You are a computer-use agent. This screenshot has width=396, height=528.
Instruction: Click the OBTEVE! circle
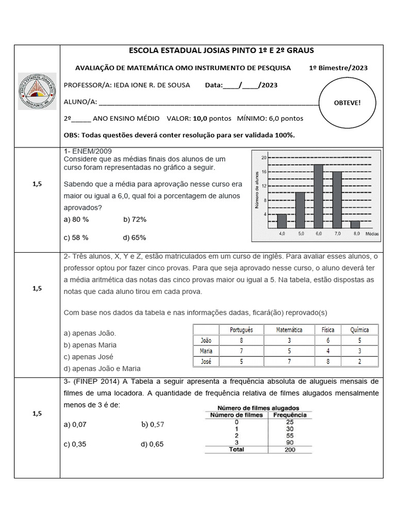(x=348, y=103)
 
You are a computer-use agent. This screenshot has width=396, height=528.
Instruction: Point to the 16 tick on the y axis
(x=263, y=171)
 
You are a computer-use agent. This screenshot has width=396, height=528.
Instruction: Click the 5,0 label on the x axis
(x=300, y=234)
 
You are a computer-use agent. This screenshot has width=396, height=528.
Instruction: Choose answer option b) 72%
(x=135, y=219)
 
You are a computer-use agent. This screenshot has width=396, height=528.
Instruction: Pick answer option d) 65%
(x=135, y=238)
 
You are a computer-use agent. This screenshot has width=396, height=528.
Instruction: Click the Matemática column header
(x=289, y=329)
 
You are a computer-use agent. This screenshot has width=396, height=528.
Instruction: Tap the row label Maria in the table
(x=206, y=351)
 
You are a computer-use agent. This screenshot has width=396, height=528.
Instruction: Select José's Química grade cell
(x=359, y=361)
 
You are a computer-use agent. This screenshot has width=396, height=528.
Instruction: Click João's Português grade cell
(x=241, y=340)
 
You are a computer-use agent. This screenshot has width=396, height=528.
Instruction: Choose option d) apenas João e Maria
(x=102, y=368)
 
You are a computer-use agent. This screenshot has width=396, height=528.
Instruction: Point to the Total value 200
(x=289, y=450)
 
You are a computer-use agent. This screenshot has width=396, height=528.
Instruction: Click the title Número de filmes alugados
(x=258, y=407)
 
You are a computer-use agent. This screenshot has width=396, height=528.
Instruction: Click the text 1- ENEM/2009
(x=87, y=152)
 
